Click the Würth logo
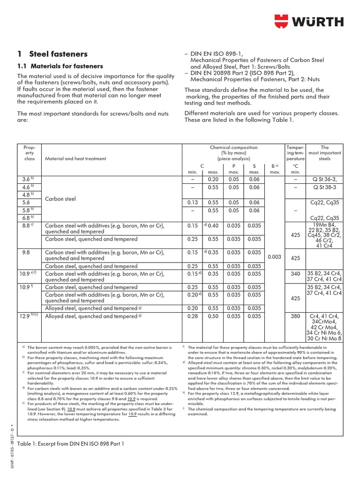308,22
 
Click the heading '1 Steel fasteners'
52,54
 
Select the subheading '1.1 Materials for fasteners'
60,66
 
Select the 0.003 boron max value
275,257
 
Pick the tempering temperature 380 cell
295,316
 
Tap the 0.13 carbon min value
192,203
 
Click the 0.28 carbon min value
192,316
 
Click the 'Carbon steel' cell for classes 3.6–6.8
60,199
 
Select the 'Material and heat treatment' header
75,158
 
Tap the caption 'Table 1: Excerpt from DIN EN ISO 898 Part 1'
70,443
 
